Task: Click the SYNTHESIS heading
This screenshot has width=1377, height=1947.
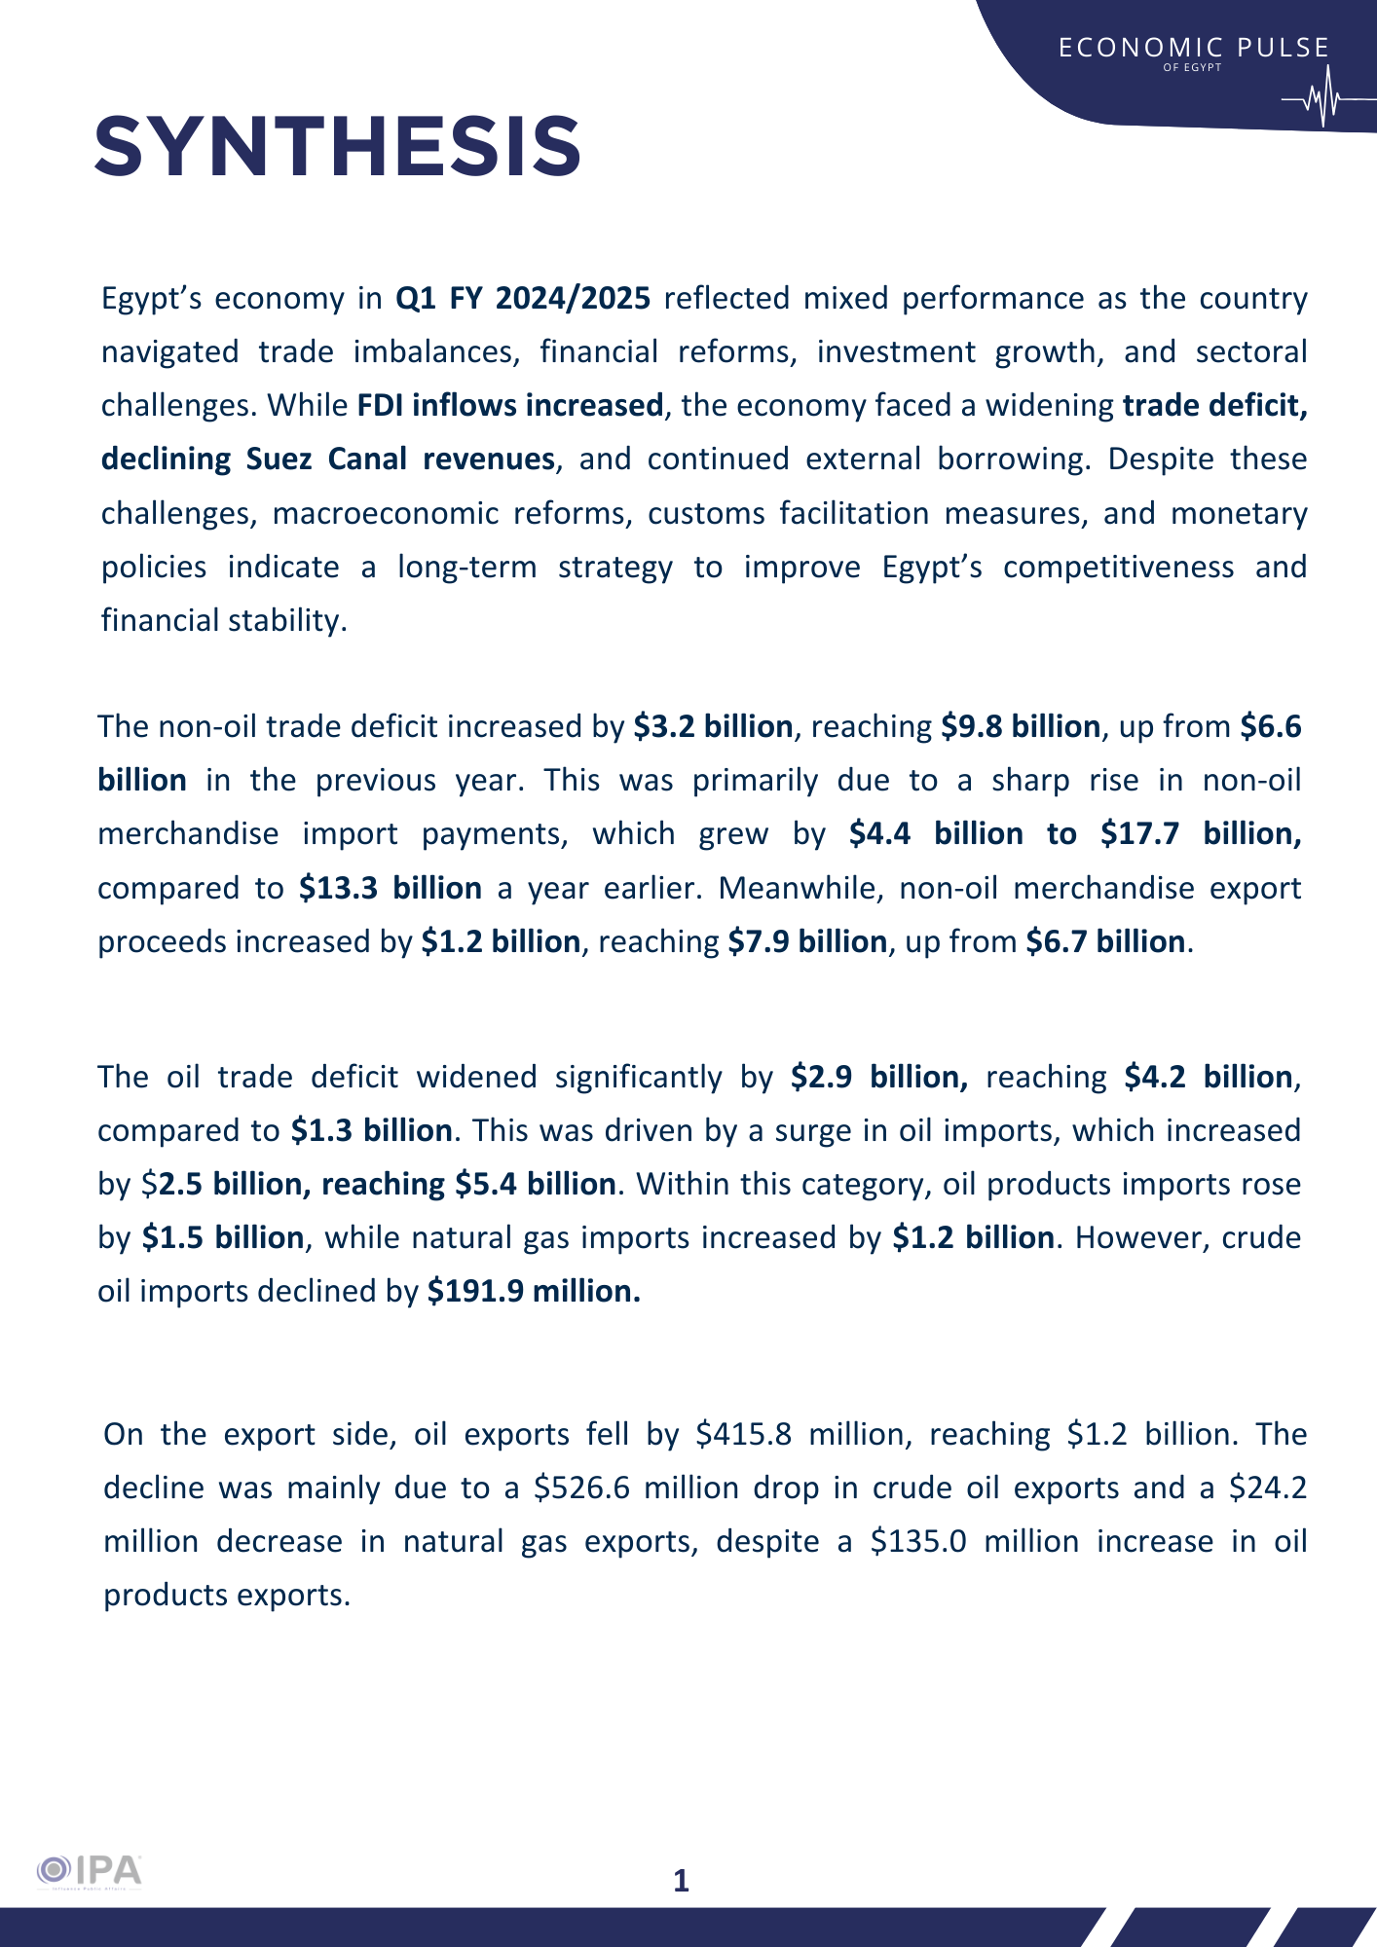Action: pos(338,146)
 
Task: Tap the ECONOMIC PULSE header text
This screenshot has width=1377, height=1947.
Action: pos(1194,48)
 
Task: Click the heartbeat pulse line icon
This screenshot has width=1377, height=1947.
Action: pos(1322,100)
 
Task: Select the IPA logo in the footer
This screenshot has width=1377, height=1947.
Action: pos(90,1871)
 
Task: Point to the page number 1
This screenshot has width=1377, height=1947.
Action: pos(682,1881)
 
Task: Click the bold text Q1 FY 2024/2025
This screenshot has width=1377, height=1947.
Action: pos(523,298)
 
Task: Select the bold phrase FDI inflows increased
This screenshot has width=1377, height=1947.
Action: pos(510,405)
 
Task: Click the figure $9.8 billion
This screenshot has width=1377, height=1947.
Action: pos(1021,726)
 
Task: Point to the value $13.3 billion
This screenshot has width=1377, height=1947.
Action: pos(391,888)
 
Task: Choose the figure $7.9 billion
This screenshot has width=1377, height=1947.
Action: pos(807,941)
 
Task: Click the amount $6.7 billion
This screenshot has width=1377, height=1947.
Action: pos(1105,941)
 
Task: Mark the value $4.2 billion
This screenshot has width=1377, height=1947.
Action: pos(1209,1077)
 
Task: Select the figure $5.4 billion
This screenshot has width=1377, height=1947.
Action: pos(536,1184)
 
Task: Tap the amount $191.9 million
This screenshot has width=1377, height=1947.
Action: pos(534,1291)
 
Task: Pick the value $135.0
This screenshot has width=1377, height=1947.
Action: pos(918,1541)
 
